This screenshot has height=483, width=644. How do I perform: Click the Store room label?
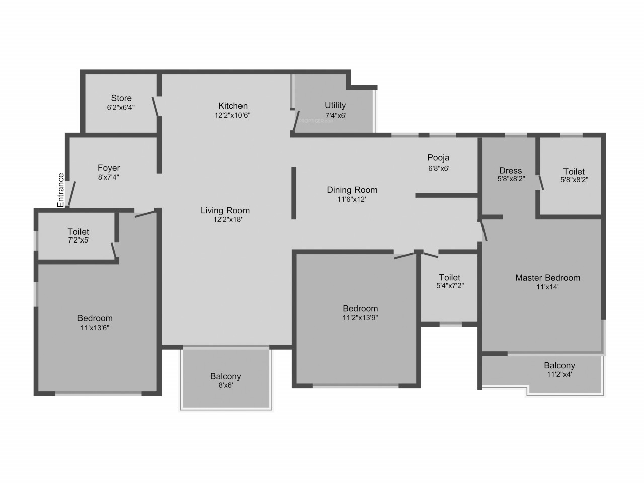pos(121,98)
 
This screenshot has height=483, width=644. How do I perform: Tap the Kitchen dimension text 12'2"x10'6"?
pos(232,115)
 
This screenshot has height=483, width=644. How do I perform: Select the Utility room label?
pos(335,105)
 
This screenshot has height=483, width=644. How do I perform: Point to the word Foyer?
pos(109,168)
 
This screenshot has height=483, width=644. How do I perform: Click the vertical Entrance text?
pos(60,190)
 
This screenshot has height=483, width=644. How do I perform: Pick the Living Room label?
pos(225,210)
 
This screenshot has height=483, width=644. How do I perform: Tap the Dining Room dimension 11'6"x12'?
pos(352,199)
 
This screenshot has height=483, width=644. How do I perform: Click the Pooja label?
pos(438,158)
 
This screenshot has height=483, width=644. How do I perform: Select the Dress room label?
pos(511,171)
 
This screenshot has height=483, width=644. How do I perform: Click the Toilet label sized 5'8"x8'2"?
pos(574,171)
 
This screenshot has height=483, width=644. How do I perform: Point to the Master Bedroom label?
pos(548,278)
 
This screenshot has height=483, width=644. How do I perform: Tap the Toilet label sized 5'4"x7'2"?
pos(450,277)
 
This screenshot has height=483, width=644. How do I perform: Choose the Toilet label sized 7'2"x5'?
pos(78,231)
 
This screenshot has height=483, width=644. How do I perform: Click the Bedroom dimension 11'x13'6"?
pos(95,328)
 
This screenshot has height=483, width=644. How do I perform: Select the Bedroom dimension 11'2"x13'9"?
pos(360,317)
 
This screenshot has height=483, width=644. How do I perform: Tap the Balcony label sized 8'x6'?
pos(225,376)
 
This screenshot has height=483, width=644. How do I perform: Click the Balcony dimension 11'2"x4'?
pos(559,374)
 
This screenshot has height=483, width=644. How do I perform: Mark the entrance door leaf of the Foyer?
pos(72,194)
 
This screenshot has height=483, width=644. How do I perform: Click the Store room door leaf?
pos(155,106)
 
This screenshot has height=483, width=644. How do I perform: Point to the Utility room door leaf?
pos(296,120)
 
